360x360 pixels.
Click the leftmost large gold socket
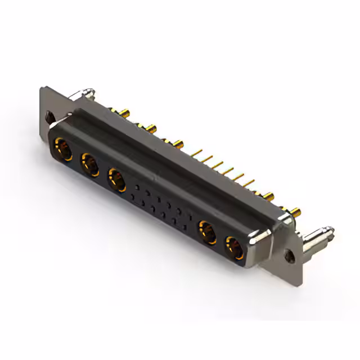coord(62,150)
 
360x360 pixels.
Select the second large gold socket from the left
coord(89,165)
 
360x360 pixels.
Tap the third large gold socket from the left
coord(117,181)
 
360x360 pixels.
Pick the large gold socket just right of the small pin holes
coord(206,231)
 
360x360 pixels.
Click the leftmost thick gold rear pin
coord(114,110)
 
